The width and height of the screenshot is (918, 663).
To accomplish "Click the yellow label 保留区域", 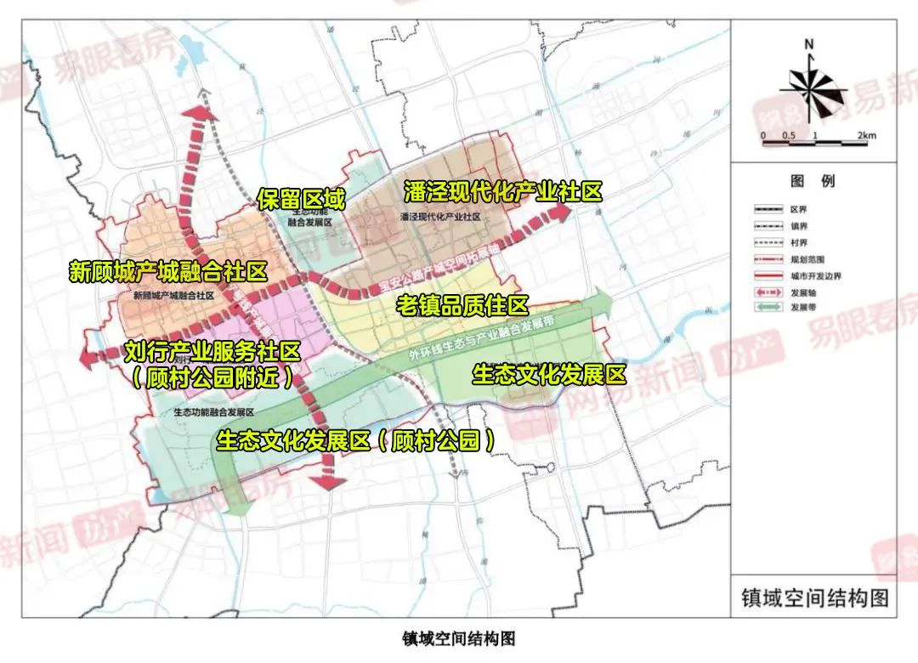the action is (x=302, y=200).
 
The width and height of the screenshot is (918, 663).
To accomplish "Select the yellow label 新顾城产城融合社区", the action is (x=168, y=272).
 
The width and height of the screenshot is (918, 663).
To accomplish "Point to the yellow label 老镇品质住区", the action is (x=462, y=305).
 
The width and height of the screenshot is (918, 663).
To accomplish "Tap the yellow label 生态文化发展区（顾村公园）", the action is (x=356, y=440).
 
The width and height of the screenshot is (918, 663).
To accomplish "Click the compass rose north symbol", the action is (x=810, y=43).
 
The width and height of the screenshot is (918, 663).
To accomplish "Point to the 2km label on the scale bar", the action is (x=866, y=136).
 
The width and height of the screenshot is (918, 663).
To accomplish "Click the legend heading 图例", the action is (x=812, y=181).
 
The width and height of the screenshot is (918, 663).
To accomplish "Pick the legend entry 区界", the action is (x=796, y=208).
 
